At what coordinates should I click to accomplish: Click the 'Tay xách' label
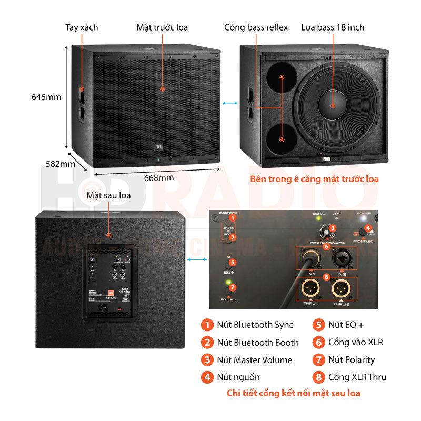tap(82, 27)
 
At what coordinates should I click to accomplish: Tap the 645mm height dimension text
tap(46, 97)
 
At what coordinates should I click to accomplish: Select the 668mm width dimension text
tap(159, 177)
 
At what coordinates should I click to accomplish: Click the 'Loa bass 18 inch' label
tap(333, 27)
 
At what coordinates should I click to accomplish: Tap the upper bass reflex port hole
tap(282, 77)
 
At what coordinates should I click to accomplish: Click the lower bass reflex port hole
tap(282, 139)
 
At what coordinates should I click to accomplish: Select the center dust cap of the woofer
tap(333, 105)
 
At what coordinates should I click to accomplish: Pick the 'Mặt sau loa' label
tap(108, 195)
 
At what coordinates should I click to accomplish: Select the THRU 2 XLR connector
tap(342, 289)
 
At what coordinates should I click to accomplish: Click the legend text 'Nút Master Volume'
tap(255, 360)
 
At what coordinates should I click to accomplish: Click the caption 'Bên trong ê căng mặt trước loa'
tap(314, 179)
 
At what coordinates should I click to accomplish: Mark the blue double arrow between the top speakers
tap(229, 104)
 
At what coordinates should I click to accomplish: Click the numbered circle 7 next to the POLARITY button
tap(233, 287)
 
